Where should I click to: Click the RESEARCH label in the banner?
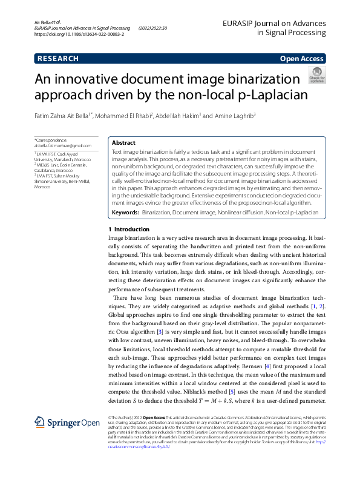[58, 59]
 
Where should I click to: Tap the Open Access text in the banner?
[301, 59]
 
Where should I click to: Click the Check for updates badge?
[317, 76]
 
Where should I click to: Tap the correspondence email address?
[63, 145]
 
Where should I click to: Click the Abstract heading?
[124, 142]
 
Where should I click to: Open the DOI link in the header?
[79, 35]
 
